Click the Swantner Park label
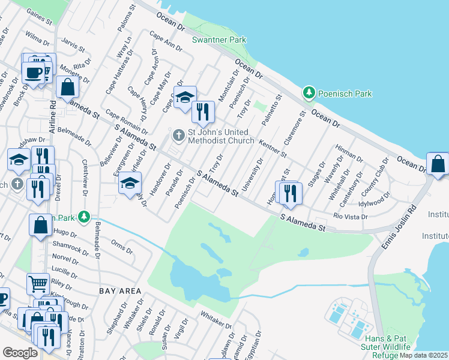(x=211, y=40)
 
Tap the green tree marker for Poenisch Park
(x=309, y=93)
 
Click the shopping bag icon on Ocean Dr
(x=438, y=164)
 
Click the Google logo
(x=19, y=353)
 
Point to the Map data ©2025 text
(x=422, y=355)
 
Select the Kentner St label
(x=273, y=148)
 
